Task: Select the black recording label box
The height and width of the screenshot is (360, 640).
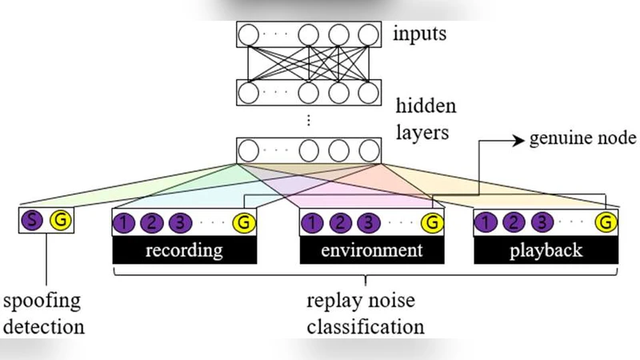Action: (x=185, y=250)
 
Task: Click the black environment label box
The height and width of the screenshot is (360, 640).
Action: (x=371, y=250)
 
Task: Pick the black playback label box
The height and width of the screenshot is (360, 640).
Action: (x=546, y=250)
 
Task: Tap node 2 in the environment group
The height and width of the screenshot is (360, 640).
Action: (x=341, y=222)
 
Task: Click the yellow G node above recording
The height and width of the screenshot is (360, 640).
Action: (x=243, y=222)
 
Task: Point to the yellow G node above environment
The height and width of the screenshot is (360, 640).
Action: (x=432, y=222)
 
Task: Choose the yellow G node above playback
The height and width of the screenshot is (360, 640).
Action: (x=607, y=222)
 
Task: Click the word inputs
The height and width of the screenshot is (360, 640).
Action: (x=420, y=34)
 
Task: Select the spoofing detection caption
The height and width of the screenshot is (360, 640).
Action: (x=44, y=314)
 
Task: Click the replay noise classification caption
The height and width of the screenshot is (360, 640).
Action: (x=366, y=314)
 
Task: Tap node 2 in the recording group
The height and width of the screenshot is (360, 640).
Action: (x=153, y=222)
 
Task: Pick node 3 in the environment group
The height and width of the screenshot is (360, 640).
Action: (x=367, y=222)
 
